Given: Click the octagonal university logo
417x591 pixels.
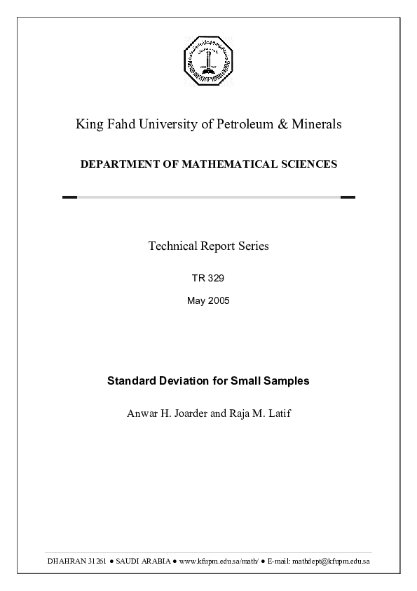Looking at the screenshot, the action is click(x=208, y=59).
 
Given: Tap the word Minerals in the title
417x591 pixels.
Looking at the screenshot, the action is click(x=315, y=125).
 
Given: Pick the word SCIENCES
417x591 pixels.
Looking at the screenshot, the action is click(x=306, y=164).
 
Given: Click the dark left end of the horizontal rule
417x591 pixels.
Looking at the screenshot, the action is click(x=69, y=197).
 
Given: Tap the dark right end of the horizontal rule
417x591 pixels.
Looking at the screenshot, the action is click(x=348, y=197).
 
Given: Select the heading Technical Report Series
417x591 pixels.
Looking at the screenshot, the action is click(x=208, y=246).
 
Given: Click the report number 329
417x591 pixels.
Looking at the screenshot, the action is click(x=215, y=278).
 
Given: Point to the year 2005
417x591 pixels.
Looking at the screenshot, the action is click(x=218, y=301).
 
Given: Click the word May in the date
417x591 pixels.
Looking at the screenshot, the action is click(x=196, y=301).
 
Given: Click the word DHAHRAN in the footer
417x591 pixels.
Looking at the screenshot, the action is click(x=67, y=562).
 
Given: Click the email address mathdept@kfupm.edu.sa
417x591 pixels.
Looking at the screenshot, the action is click(x=331, y=562).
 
